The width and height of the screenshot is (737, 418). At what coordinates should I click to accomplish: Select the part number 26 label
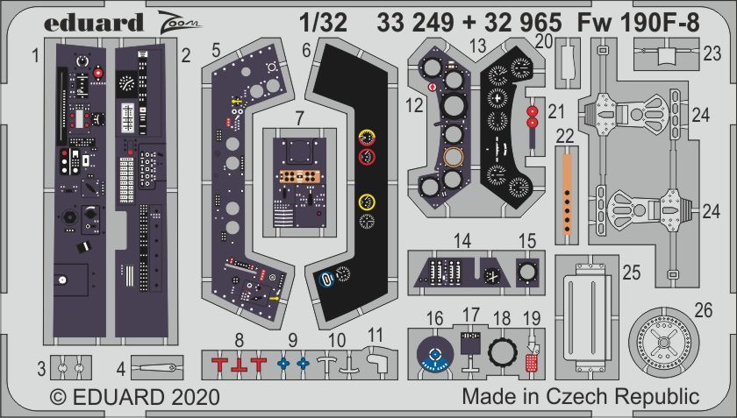[x=704, y=309]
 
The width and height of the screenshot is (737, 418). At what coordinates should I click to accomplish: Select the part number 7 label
[x=299, y=116]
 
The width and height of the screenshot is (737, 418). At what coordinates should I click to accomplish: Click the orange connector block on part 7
[x=298, y=175]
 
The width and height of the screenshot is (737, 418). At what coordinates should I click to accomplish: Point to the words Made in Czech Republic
[x=581, y=396]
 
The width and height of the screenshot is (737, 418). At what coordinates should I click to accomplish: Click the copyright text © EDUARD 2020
[x=134, y=397]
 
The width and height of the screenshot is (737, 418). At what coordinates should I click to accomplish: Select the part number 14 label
[x=463, y=240]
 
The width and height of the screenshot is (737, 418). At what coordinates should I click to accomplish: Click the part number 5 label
[x=216, y=51]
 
